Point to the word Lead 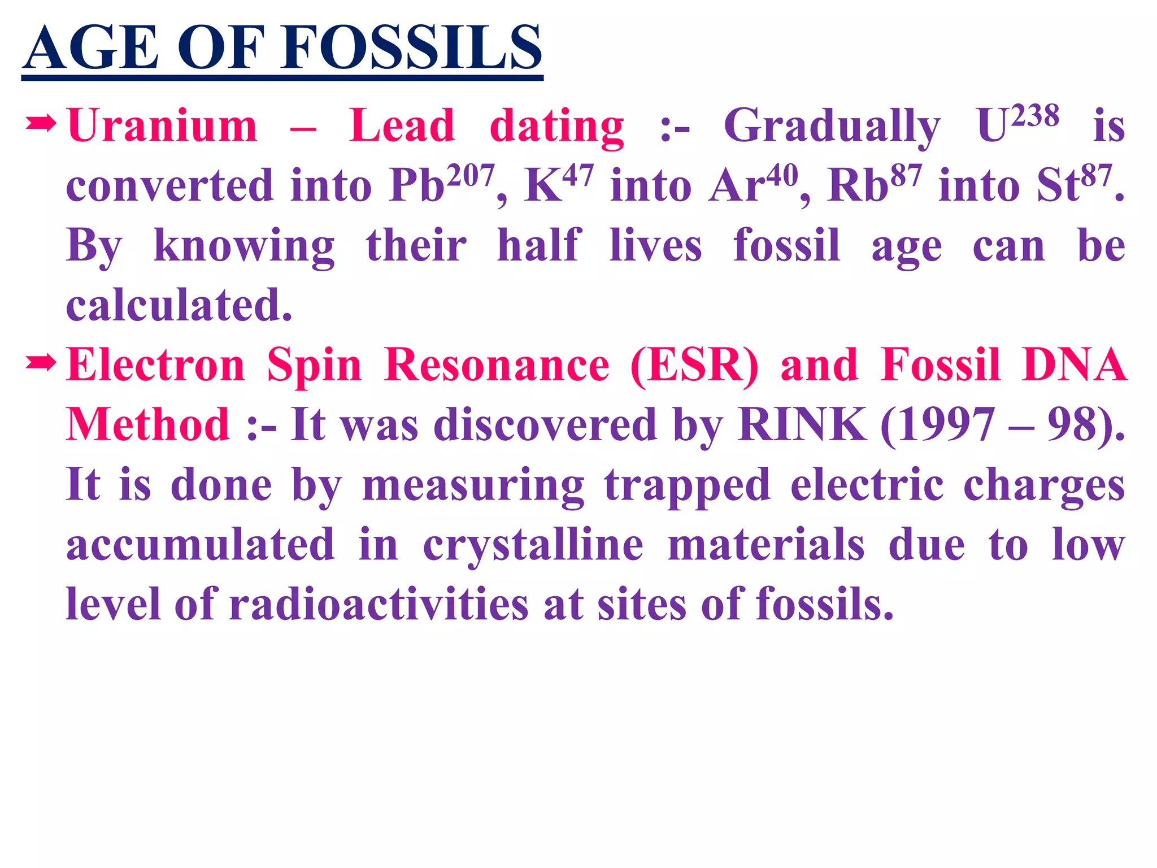(x=402, y=125)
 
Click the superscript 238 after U (x=1035, y=116)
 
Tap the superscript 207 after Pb (x=471, y=176)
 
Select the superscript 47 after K (x=578, y=176)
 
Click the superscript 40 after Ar (x=782, y=176)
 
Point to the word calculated (x=179, y=305)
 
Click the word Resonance (x=497, y=365)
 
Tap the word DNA (x=1075, y=365)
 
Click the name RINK (x=802, y=424)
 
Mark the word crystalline (x=533, y=545)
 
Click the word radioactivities (x=379, y=604)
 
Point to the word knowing (x=244, y=246)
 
